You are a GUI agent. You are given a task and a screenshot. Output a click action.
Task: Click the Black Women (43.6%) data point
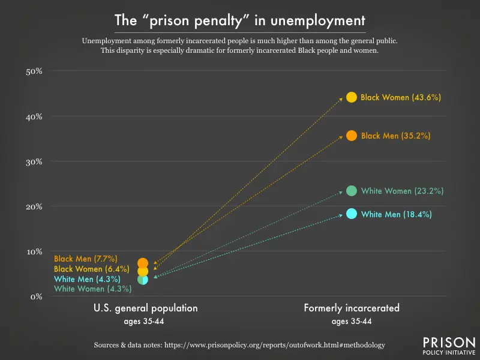click(x=352, y=97)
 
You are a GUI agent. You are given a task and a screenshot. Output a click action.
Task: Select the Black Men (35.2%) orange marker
click(x=352, y=136)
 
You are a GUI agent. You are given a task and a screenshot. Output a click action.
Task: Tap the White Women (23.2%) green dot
click(x=352, y=191)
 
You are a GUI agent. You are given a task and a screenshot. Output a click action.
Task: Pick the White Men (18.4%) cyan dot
click(x=352, y=214)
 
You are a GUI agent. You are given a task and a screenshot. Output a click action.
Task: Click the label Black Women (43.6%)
click(x=401, y=97)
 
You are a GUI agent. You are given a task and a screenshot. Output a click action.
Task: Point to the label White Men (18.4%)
click(x=396, y=214)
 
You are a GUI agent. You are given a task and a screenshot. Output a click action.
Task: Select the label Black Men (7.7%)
click(x=85, y=259)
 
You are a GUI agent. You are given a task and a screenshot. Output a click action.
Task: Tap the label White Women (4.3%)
click(x=92, y=289)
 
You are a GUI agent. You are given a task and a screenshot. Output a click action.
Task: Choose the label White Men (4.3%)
click(x=87, y=279)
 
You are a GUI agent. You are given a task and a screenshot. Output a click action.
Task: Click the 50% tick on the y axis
click(x=34, y=71)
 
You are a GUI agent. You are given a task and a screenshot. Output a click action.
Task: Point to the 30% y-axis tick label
click(x=34, y=161)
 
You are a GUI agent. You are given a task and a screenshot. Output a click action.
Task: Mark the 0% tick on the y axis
click(x=36, y=296)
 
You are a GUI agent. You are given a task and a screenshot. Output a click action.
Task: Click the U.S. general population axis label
click(x=145, y=308)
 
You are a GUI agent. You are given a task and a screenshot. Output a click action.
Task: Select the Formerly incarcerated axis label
click(x=352, y=308)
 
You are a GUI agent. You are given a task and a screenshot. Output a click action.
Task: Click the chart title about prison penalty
click(x=240, y=20)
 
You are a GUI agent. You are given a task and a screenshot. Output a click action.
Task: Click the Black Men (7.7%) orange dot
click(x=143, y=263)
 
